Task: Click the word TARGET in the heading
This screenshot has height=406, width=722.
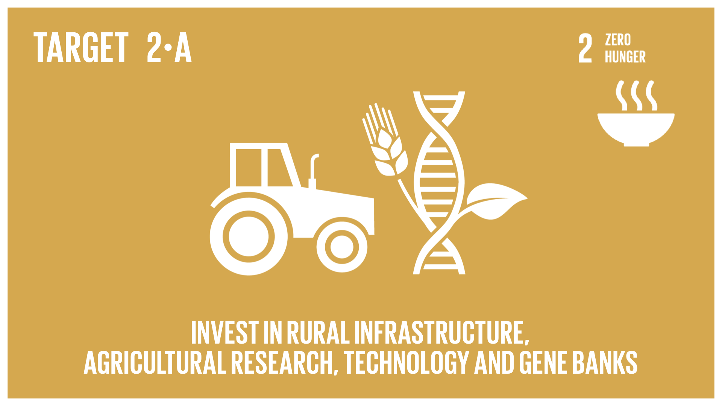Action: click(x=81, y=47)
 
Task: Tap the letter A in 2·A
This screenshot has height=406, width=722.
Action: click(x=183, y=47)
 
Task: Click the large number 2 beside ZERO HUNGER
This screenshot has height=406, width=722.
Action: click(x=585, y=48)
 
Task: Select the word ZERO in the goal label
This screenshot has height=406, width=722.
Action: click(x=618, y=40)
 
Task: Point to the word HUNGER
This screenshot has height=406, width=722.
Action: click(x=625, y=57)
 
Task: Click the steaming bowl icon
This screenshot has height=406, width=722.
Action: click(x=636, y=113)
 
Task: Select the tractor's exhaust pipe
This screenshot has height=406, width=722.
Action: click(x=313, y=171)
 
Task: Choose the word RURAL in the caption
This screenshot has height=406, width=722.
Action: click(x=319, y=332)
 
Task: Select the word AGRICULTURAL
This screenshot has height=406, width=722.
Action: click(x=155, y=362)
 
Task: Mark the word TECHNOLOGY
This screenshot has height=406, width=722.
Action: click(x=407, y=362)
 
